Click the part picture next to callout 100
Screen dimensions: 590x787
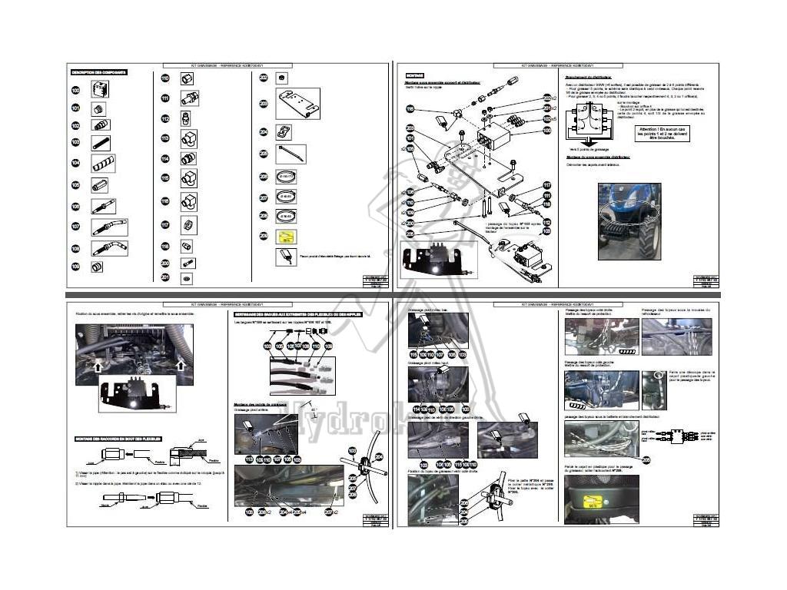point(101,89)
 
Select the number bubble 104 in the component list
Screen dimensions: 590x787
point(75,163)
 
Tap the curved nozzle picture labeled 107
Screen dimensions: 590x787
point(108,227)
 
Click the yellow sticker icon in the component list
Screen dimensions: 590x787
point(287,237)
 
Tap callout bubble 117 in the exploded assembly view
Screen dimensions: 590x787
point(547,186)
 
